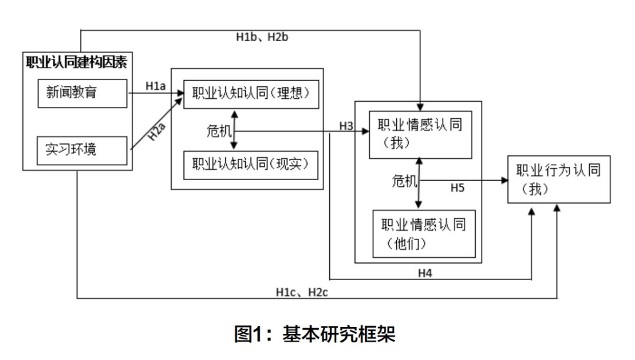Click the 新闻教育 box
(x=83, y=93)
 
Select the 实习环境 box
(x=83, y=150)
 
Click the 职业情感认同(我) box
(x=420, y=134)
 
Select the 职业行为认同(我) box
(x=559, y=179)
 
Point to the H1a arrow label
(x=156, y=86)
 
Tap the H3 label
(x=346, y=126)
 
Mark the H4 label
(x=426, y=272)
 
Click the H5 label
(x=458, y=188)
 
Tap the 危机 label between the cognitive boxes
(x=218, y=132)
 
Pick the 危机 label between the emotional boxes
(x=403, y=181)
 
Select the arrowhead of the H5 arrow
(x=504, y=181)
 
